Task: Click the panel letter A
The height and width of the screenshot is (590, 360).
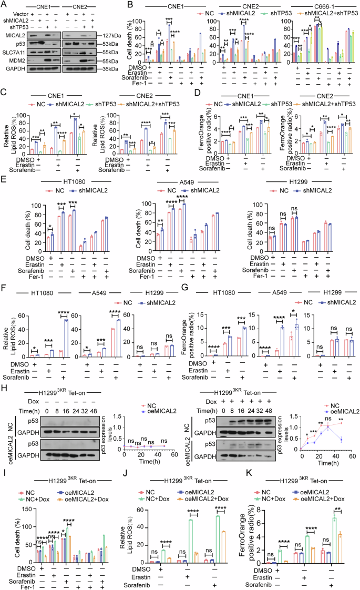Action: click(x=4, y=4)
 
